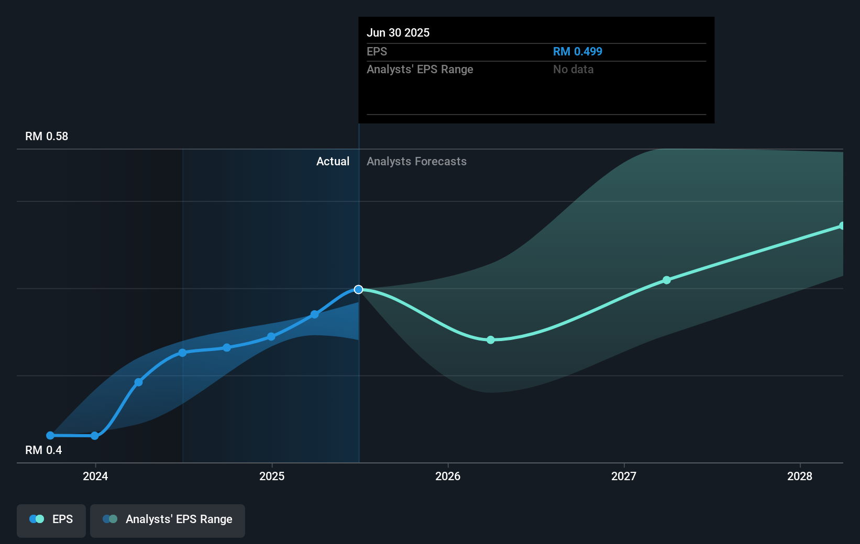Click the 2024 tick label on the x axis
click(95, 476)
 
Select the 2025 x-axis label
click(272, 476)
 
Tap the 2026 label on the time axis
click(448, 476)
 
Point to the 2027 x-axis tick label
click(624, 476)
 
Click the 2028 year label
click(800, 476)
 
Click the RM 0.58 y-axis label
click(47, 137)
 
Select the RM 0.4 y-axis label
click(43, 450)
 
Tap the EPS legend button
click(51, 519)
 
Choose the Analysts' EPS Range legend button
click(168, 519)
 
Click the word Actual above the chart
click(333, 162)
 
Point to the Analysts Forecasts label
click(416, 162)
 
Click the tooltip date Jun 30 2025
click(398, 33)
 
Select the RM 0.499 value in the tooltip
click(578, 52)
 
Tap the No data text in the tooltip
click(573, 70)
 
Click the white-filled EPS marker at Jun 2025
click(358, 290)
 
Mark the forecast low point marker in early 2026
click(491, 340)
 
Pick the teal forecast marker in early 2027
click(667, 280)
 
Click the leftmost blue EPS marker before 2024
click(50, 436)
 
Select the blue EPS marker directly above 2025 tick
click(271, 337)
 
